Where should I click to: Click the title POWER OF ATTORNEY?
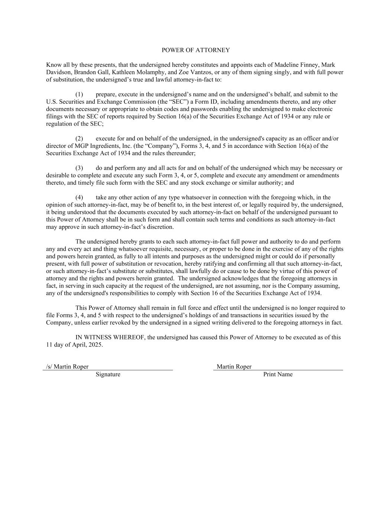pos(196,50)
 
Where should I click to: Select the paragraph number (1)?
pos(79,94)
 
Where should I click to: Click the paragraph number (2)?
pos(79,139)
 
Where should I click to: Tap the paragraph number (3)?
pos(79,168)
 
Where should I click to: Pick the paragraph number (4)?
pos(79,197)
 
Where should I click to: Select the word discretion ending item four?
pos(161,227)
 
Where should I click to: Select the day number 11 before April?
pos(49,345)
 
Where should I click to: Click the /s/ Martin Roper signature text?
pos(67,367)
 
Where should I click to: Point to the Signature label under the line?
pos(108,374)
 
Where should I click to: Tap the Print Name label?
pos(278,374)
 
